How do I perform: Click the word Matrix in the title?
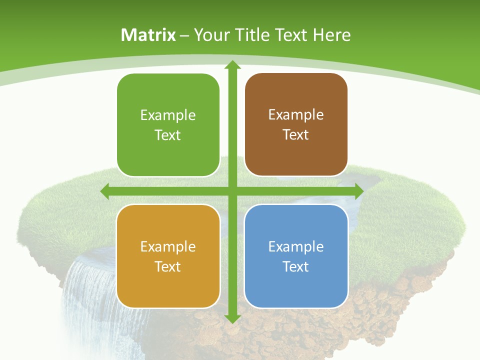(148, 35)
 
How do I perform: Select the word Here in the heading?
(332, 35)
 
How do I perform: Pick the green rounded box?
(168, 125)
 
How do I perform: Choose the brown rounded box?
(296, 124)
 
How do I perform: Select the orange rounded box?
(168, 256)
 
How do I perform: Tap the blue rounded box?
(296, 256)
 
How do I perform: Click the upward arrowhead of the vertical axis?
(232, 65)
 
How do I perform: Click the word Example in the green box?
(168, 115)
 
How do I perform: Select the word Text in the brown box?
(296, 135)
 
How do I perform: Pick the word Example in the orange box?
(168, 247)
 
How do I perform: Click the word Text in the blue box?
(296, 266)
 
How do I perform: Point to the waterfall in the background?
(87, 295)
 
